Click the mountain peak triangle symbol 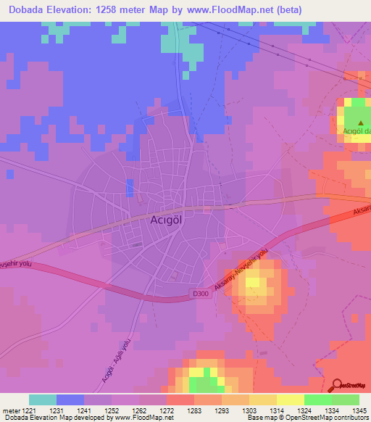(x=360, y=123)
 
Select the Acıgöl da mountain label (x=355, y=131)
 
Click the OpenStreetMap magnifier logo (x=337, y=385)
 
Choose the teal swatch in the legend (x=43, y=400)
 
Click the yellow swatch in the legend (x=290, y=400)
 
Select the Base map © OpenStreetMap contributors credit (x=307, y=418)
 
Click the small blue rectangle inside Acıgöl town (x=129, y=188)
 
